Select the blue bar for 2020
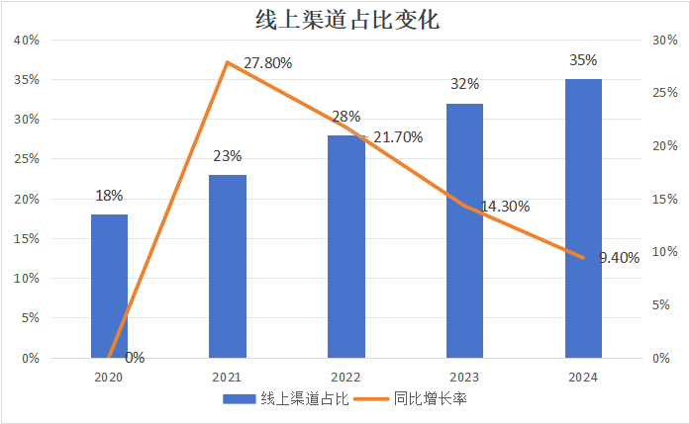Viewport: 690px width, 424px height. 109,286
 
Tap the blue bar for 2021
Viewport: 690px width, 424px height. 228,266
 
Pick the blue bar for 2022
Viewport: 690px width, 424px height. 346,246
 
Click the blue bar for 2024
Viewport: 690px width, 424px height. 583,218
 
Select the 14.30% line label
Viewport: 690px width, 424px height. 505,207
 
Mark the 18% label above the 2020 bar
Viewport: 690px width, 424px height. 109,196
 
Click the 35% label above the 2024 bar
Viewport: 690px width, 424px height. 583,60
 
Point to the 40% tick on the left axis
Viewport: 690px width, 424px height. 26,41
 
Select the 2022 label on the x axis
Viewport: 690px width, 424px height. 346,377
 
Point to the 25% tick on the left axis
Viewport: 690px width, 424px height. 26,159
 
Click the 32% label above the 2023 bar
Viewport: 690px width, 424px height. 464,84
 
